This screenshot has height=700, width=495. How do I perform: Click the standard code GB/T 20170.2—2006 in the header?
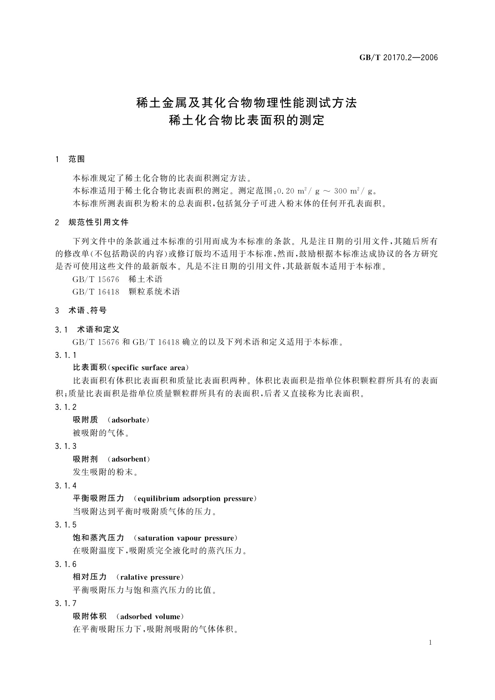click(x=399, y=58)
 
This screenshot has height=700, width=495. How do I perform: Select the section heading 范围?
click(x=77, y=159)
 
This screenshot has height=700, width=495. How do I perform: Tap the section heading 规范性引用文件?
click(x=99, y=222)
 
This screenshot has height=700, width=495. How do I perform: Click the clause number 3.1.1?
click(x=66, y=355)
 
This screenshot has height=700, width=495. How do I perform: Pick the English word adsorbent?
click(x=129, y=459)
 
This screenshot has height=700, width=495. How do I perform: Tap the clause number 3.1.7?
click(x=66, y=604)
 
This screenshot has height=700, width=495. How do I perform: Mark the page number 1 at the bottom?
click(x=430, y=643)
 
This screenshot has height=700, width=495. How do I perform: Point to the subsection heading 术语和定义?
click(x=99, y=330)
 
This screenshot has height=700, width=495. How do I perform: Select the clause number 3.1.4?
click(x=66, y=486)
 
